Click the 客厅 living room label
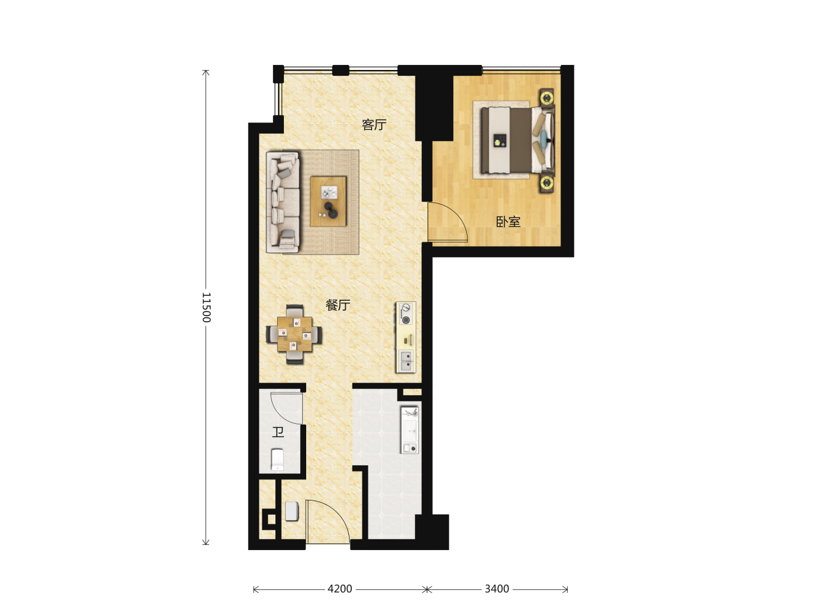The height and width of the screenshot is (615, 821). [373, 125]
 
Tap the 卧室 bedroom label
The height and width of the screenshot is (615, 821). [509, 222]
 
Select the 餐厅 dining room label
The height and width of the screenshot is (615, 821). [338, 305]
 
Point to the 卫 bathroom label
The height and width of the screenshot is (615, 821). [278, 432]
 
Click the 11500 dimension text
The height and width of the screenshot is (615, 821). [206, 307]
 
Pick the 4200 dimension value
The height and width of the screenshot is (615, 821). [340, 589]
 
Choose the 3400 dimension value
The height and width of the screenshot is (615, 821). [497, 589]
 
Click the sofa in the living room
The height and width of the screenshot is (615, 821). [283, 202]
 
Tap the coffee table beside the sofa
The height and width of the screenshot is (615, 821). [328, 201]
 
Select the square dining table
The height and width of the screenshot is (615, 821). [295, 334]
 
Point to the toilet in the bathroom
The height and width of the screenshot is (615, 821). [277, 460]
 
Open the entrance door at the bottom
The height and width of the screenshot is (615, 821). [328, 522]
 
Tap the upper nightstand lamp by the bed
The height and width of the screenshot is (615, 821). [546, 98]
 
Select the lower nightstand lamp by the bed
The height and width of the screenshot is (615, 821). [546, 183]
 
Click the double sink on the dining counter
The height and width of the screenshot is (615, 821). [406, 360]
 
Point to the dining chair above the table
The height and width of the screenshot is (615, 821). [295, 311]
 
